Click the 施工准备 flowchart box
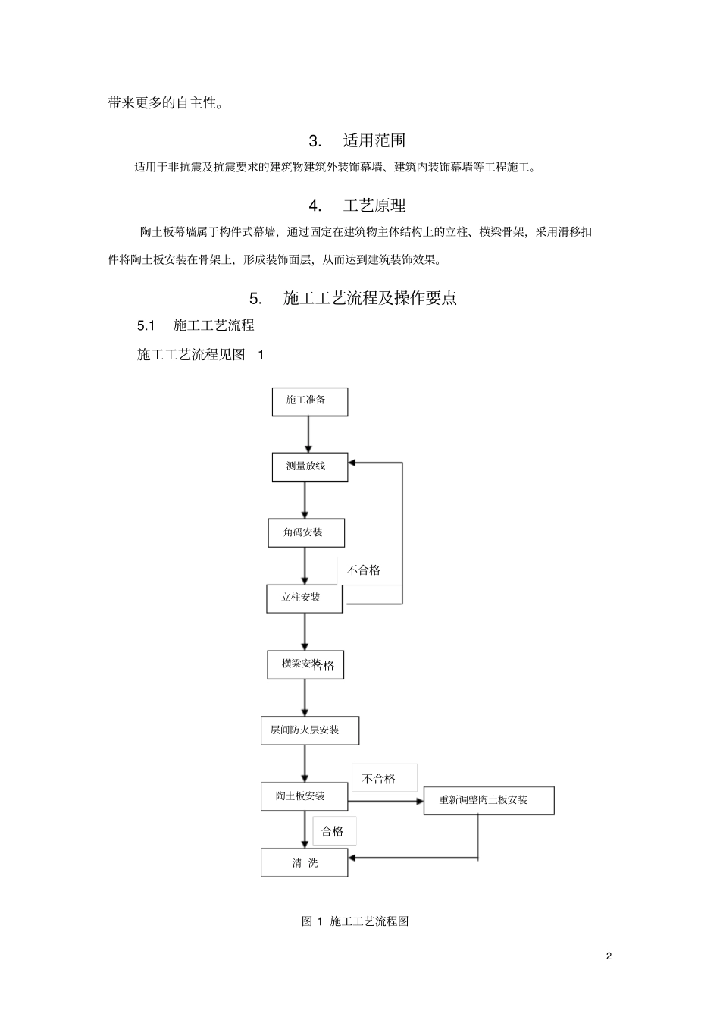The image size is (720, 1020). point(309,401)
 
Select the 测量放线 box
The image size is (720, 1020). point(309,467)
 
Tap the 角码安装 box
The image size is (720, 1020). point(306,533)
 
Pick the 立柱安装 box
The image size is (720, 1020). point(304,598)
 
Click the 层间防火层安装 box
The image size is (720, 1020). point(309,731)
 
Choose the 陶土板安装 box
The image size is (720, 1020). point(304,797)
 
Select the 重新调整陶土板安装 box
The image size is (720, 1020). point(489,801)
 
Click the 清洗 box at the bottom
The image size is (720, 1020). point(304,863)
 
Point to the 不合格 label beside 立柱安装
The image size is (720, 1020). point(364,570)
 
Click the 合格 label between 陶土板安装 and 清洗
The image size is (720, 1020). point(333,832)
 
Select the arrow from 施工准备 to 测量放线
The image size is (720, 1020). point(308,435)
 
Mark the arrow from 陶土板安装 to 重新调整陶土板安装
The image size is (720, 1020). point(385,800)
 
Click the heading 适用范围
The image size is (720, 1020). point(374,140)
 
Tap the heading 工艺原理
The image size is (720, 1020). point(374,206)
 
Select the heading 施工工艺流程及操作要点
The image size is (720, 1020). point(370,298)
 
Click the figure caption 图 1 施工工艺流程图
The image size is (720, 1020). point(355,921)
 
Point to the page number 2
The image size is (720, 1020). point(609,956)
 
